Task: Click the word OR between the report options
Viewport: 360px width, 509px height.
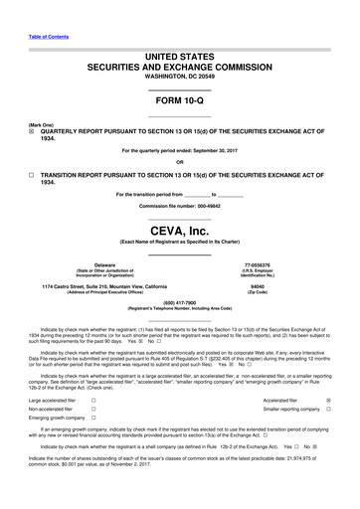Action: pos(179,163)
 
